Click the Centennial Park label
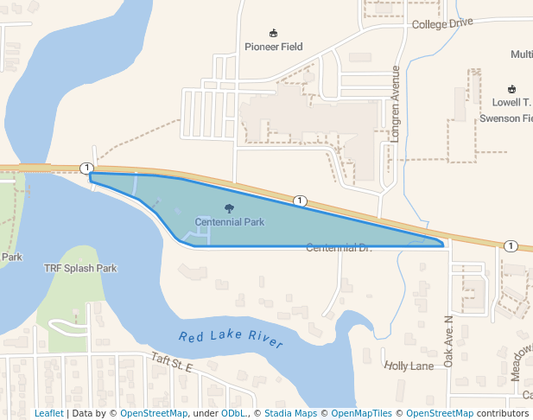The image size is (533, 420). [229, 222]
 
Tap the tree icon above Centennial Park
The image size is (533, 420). [229, 208]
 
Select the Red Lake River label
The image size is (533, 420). [231, 339]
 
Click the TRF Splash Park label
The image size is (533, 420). [80, 268]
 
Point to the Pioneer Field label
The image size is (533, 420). [274, 47]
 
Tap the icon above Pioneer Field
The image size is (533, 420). [274, 33]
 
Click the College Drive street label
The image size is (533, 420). [443, 23]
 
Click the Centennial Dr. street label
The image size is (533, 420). [339, 248]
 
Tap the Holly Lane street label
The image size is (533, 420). [409, 366]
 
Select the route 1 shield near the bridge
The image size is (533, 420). [86, 167]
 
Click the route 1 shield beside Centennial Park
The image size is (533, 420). [300, 200]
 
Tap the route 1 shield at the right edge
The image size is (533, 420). [511, 246]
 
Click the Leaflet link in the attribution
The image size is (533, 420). [48, 413]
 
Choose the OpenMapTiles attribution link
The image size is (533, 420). [357, 413]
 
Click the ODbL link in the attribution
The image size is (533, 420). [233, 413]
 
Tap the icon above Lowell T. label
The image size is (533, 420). [511, 89]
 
